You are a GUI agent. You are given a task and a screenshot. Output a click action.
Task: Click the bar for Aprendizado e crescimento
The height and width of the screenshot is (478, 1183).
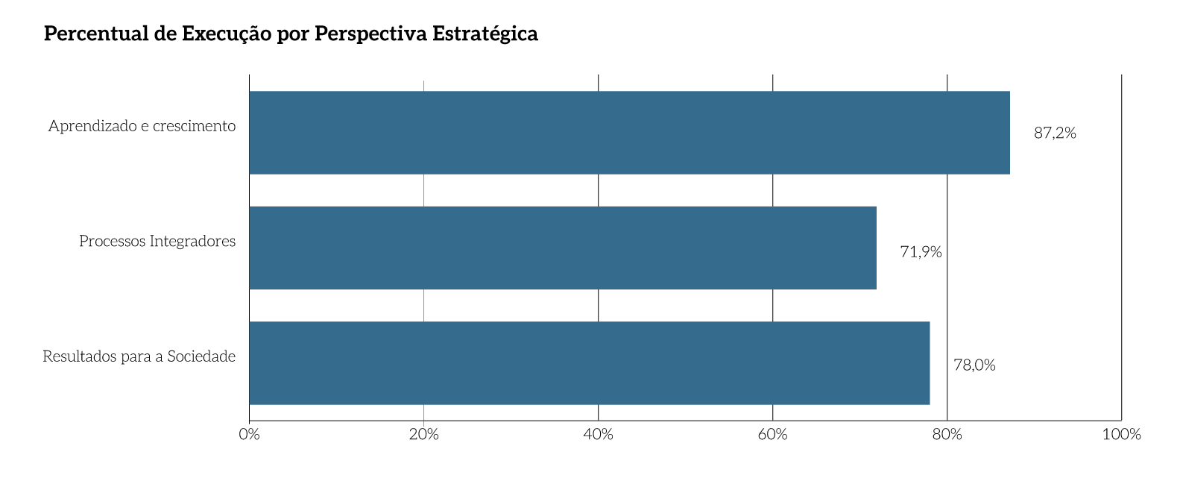[x=629, y=133]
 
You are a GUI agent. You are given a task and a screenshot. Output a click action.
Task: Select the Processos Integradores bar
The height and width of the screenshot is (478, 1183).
[x=563, y=248]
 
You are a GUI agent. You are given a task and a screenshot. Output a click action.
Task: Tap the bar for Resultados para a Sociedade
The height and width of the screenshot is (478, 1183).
[x=589, y=363]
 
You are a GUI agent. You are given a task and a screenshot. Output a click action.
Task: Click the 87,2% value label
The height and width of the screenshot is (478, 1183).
[x=1055, y=133]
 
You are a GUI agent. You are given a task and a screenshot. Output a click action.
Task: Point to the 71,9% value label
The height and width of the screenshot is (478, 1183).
[x=921, y=252]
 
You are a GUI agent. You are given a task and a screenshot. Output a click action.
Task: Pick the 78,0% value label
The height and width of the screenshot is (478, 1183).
[x=974, y=365]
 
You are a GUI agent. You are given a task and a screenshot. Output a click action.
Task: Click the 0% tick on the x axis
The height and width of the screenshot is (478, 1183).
[x=249, y=434]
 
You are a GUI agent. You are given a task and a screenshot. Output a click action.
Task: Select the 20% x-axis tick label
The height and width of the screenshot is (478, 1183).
[x=423, y=434]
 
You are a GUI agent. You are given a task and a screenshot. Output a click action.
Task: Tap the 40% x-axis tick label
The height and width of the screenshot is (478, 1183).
[x=598, y=434]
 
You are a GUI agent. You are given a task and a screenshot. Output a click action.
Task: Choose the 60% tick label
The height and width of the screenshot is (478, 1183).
[x=772, y=434]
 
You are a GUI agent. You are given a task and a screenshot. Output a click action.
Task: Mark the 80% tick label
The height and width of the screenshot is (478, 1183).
[x=947, y=434]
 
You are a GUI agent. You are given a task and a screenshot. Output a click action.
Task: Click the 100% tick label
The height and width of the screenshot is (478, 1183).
[x=1121, y=434]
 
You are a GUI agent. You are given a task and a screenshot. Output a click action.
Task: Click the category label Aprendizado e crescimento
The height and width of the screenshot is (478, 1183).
[x=142, y=126]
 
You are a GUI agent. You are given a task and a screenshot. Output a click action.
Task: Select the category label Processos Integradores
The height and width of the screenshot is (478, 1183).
[x=157, y=242]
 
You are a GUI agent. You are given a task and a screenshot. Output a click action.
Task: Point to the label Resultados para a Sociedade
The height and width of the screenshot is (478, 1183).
[x=139, y=356]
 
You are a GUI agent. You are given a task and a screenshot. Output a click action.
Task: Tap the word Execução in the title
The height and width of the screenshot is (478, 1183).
[x=227, y=34]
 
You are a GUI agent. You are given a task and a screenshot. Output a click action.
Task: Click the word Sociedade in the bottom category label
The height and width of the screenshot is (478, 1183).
[x=201, y=356]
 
